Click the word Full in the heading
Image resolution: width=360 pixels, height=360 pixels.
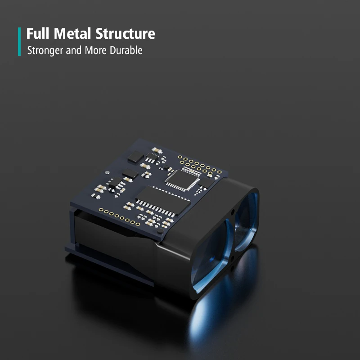38,33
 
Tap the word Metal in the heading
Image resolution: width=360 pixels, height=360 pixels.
72,33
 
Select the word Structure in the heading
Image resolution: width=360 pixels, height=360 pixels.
126,33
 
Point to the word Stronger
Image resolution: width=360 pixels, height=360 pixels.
45,50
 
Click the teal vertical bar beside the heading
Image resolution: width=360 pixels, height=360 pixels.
19,41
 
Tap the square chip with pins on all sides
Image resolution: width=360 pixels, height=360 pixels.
183,180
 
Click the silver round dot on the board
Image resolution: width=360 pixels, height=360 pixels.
107,172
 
